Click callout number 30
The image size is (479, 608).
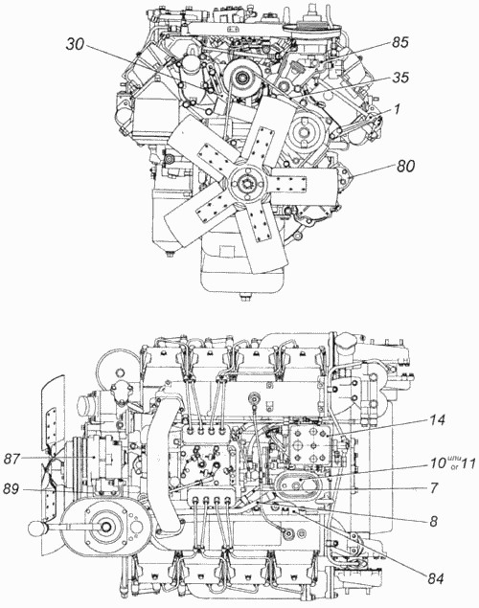coord(76,44)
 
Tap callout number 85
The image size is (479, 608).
coord(400,42)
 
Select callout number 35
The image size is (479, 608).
coord(400,78)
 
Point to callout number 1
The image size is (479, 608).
coord(397,109)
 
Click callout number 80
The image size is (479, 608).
coord(405,166)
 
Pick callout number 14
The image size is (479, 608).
coord(436,420)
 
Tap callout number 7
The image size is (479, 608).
coord(434,487)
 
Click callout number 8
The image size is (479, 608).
coord(433,522)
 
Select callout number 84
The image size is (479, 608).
coord(435,579)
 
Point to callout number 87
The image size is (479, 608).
coord(12,459)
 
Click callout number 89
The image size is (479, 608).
coord(11,489)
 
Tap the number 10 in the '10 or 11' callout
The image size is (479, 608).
coord(438,463)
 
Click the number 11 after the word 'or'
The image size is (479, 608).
coord(468,463)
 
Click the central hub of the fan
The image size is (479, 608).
coord(246,182)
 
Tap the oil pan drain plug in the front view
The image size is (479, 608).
coord(244,298)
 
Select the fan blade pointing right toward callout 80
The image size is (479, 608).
coord(302,183)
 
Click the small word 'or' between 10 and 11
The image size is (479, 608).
coord(454,467)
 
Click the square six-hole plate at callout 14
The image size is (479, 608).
coord(309,444)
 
